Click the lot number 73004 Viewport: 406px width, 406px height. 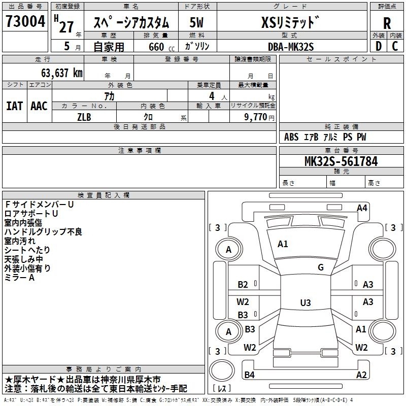(x=25, y=21)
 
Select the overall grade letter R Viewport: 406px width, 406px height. (x=387, y=23)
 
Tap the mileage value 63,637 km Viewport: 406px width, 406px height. (x=62, y=73)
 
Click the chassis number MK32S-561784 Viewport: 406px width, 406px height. (x=341, y=161)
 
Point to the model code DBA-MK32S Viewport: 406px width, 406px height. (x=291, y=47)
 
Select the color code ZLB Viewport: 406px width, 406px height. (x=84, y=117)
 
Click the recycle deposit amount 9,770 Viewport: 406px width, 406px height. (x=255, y=117)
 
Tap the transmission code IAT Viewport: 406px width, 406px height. (x=14, y=106)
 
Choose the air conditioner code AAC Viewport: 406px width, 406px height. (x=39, y=106)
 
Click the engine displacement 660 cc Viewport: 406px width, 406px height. (x=161, y=47)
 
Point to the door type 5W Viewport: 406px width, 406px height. (x=196, y=22)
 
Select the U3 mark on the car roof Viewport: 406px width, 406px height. (x=306, y=302)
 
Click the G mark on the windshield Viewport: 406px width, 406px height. (x=321, y=267)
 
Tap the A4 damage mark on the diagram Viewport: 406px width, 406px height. (x=362, y=208)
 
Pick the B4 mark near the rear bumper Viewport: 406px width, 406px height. (x=249, y=375)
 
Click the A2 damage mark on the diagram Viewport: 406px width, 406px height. (x=361, y=375)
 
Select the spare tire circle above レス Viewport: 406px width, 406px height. (x=222, y=370)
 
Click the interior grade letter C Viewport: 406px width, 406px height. (x=395, y=46)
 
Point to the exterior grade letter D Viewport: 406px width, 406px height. (x=379, y=46)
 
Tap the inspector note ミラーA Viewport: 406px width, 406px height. (x=19, y=278)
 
